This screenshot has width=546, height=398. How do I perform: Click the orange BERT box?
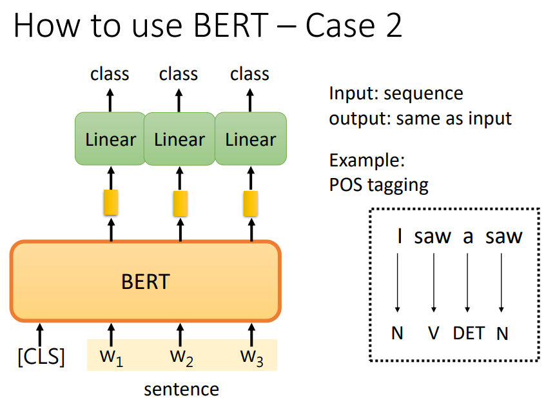click(x=145, y=281)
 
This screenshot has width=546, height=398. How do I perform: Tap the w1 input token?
click(x=110, y=357)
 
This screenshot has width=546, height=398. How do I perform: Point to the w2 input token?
click(x=181, y=357)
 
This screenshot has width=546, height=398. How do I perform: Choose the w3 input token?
click(x=251, y=357)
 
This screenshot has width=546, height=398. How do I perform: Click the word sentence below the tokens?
click(x=181, y=389)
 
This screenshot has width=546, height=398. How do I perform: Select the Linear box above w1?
click(x=110, y=139)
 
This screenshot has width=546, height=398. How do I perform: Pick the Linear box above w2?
click(x=179, y=139)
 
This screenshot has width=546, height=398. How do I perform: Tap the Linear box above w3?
click(x=251, y=139)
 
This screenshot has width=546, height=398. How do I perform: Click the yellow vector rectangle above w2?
click(x=180, y=203)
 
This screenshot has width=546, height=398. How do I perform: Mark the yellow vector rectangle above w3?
click(x=250, y=203)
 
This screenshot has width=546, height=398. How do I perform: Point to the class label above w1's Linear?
click(x=110, y=74)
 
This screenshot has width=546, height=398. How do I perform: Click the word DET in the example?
click(x=469, y=333)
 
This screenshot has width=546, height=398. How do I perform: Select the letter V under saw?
click(x=434, y=333)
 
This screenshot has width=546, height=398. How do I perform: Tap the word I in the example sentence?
click(x=399, y=237)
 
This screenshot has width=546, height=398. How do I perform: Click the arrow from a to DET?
click(x=467, y=281)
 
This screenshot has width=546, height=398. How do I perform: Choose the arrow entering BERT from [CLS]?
click(x=41, y=333)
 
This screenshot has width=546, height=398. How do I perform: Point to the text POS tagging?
click(x=378, y=185)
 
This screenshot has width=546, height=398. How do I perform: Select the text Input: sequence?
click(x=396, y=94)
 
